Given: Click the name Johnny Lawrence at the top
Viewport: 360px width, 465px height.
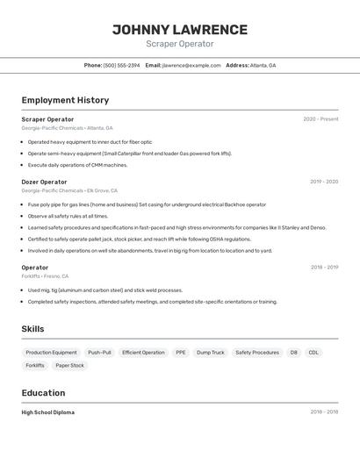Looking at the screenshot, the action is [179, 30].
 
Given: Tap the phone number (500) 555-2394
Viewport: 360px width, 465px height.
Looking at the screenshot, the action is [121, 65].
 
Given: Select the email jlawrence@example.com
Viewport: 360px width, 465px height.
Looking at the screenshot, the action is [191, 65].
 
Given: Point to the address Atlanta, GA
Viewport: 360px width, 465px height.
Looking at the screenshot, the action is [263, 65].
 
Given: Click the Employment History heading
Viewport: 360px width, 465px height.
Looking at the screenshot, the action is [65, 100].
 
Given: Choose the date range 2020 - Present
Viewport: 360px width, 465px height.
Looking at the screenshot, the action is [320, 119].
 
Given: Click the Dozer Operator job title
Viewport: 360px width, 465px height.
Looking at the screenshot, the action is [44, 182].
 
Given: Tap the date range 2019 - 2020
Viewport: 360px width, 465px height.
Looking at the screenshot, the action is [324, 182].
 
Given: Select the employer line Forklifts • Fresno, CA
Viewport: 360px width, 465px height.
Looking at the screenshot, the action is [45, 276].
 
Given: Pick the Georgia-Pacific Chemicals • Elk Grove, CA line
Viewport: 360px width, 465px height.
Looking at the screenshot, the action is [69, 190].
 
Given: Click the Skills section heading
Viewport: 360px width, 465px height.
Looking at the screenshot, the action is [33, 329].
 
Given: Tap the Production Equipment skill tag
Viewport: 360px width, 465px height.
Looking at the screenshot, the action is [51, 353].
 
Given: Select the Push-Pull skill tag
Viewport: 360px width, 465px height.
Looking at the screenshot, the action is [99, 353].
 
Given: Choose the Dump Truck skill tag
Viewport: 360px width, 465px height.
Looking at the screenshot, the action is [210, 353].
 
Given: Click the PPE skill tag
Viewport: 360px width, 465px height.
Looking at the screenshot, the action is [180, 353].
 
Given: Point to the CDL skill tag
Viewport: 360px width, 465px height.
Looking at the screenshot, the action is [313, 353].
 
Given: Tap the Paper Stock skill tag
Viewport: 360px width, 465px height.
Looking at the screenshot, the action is [69, 366].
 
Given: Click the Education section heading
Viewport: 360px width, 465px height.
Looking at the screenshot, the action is [43, 393].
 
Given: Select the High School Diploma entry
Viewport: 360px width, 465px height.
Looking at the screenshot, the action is [48, 412].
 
